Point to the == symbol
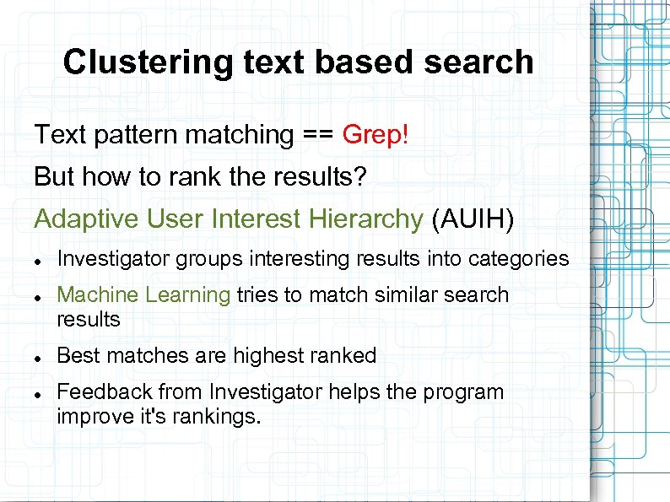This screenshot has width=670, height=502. pyautogui.click(x=318, y=134)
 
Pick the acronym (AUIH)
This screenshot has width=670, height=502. pyautogui.click(x=472, y=219)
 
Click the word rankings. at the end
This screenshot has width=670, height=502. pyautogui.click(x=218, y=417)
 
